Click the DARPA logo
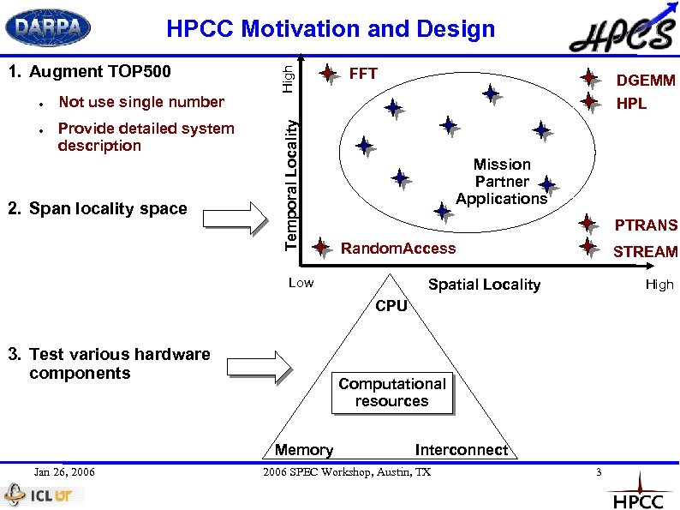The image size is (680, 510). point(48,28)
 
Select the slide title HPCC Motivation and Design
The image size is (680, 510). point(331,29)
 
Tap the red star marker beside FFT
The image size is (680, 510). point(327,74)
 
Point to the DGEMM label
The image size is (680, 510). point(646,81)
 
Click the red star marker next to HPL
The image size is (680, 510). point(588,102)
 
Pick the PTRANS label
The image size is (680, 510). point(647,225)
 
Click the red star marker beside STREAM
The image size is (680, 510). point(588,247)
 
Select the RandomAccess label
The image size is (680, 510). point(398,249)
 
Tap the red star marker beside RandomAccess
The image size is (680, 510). point(320,249)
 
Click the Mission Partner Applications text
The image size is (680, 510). point(502,182)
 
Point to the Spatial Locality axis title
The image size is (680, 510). point(484,285)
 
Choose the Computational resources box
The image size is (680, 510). point(391,393)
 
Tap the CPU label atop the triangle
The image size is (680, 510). point(391,306)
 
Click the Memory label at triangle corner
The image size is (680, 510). point(304,450)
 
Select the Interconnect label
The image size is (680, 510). point(461,450)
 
